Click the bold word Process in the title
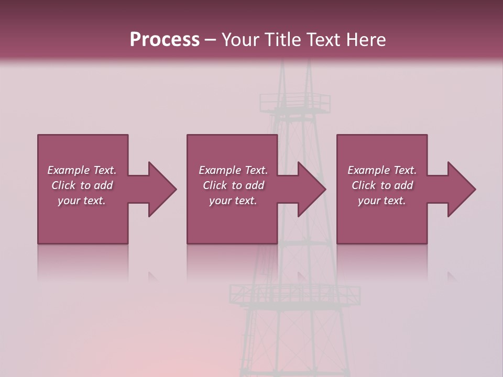(165, 40)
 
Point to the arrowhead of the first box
(160, 189)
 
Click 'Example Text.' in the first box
(82, 170)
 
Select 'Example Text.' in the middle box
(233, 170)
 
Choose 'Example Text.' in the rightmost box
(382, 170)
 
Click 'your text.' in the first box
(82, 201)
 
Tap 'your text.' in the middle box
(233, 201)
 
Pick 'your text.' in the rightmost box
(382, 201)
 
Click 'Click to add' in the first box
(82, 185)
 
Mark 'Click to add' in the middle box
(233, 185)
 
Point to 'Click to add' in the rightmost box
(382, 185)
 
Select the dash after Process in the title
(210, 40)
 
